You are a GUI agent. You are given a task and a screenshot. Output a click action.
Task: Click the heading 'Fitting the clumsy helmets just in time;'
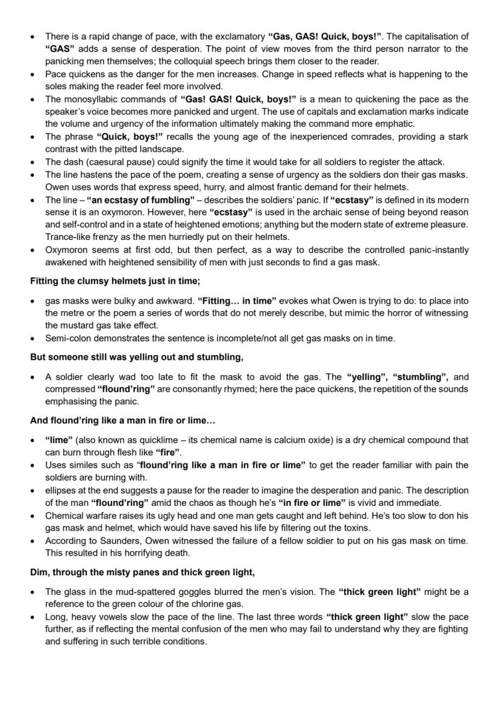pyautogui.click(x=115, y=281)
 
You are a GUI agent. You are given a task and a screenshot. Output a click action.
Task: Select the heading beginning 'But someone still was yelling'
pyautogui.click(x=137, y=357)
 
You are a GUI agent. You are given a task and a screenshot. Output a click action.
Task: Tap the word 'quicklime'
pyautogui.click(x=167, y=440)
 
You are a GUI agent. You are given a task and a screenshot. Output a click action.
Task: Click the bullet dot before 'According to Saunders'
pyautogui.click(x=34, y=541)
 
